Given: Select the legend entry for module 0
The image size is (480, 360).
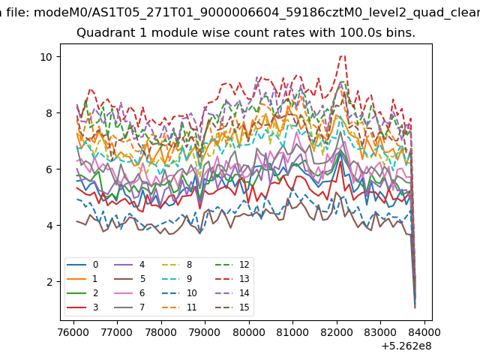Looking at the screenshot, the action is [x=82, y=265].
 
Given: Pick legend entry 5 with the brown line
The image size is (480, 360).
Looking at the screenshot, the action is [x=130, y=279].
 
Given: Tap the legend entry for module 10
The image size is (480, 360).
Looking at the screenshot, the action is [x=179, y=293].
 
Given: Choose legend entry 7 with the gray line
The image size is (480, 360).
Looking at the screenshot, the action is [x=130, y=307].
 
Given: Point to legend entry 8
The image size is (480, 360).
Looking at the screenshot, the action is [x=177, y=265].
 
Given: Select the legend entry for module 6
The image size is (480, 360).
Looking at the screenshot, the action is [x=130, y=293].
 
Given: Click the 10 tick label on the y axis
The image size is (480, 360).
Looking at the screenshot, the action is [x=46, y=57].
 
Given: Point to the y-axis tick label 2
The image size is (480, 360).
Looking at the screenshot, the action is [x=49, y=282].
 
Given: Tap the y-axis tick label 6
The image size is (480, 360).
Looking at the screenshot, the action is [x=49, y=169].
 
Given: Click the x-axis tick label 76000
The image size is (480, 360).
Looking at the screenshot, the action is [x=73, y=332].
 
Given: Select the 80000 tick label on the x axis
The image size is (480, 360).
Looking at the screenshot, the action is [x=249, y=332].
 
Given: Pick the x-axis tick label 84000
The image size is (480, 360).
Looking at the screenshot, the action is [x=424, y=332].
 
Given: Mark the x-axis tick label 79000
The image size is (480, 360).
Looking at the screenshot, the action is [x=205, y=332].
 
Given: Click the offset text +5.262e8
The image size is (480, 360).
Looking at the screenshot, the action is [x=406, y=346].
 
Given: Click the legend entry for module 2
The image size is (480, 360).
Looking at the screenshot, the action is [x=82, y=293].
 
